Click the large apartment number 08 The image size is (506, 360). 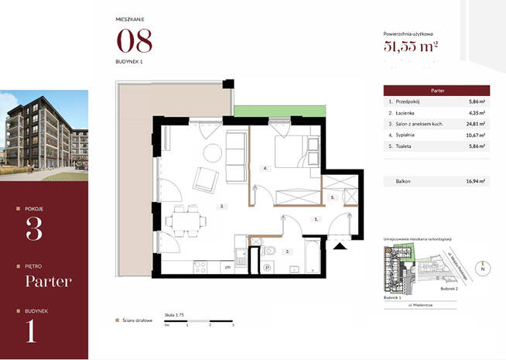pyautogui.click(x=134, y=40)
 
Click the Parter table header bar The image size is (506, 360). pyautogui.click(x=436, y=90)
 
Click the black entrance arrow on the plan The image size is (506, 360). pyautogui.click(x=338, y=246)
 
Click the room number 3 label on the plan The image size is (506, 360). pyautogui.click(x=221, y=207)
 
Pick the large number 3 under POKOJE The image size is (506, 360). pyautogui.click(x=34, y=229)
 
